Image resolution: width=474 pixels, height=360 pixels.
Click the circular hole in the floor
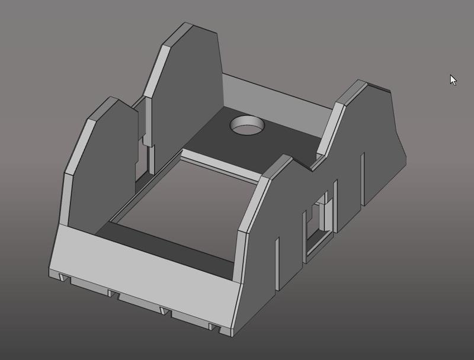point(248,126)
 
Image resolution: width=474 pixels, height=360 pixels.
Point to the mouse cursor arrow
point(453,79)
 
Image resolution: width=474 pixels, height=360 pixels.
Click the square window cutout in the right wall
point(317,225)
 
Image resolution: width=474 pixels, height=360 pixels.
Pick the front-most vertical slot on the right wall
point(277,264)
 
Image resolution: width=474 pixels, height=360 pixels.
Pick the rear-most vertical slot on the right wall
point(363,178)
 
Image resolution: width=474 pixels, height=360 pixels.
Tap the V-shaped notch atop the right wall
point(312,164)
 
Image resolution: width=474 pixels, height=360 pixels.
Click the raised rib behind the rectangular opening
point(219,166)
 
